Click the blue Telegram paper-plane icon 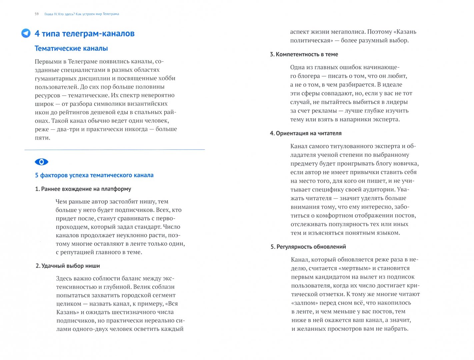(x=26, y=33)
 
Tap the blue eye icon (x=42, y=162)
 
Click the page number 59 (x=37, y=14)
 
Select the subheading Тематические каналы (x=71, y=49)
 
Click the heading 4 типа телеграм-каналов (x=85, y=34)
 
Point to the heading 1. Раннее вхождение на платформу (x=83, y=189)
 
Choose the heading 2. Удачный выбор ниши (x=68, y=266)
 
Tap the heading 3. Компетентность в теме (x=304, y=54)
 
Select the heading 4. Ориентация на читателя (x=306, y=133)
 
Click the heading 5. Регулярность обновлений (x=308, y=247)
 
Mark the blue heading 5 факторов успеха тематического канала (x=94, y=175)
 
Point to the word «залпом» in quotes (x=305, y=303)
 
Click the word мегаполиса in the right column (x=346, y=32)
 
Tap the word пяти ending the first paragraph (x=42, y=138)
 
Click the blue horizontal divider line (x=115, y=150)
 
